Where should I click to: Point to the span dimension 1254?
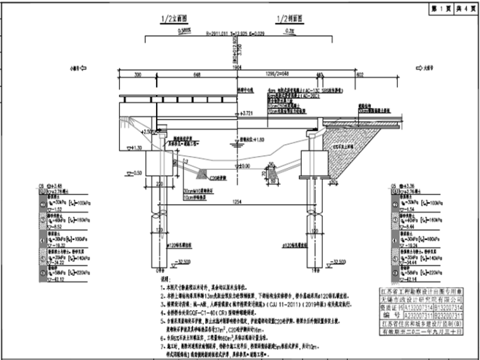(236, 201)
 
